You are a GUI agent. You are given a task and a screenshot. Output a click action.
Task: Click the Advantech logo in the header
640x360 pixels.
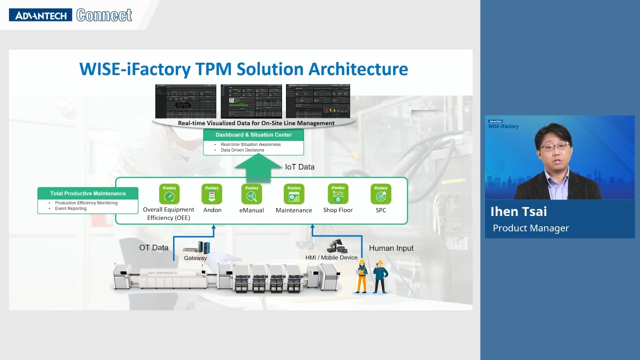coord(40,15)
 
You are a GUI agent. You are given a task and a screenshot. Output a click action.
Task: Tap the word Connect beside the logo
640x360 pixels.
coord(104,15)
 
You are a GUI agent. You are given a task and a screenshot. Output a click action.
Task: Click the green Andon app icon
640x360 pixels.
coord(211,194)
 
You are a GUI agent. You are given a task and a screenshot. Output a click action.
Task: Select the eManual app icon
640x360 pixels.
coord(251,194)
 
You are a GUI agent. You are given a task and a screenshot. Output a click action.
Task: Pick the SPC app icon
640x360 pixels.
coord(381,194)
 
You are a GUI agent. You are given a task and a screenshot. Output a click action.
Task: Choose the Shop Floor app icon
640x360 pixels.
coord(338,194)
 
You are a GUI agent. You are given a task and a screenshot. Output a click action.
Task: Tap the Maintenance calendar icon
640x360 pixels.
coord(294,194)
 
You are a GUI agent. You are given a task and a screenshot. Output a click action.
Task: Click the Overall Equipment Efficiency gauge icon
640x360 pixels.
coord(169,194)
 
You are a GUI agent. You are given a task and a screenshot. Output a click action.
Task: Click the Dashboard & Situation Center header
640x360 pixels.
coord(253,135)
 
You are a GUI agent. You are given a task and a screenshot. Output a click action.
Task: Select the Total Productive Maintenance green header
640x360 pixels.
coord(88,193)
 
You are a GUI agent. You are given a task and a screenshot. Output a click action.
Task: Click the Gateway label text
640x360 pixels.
coord(195,258)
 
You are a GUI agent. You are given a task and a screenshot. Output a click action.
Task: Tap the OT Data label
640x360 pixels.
coord(153,247)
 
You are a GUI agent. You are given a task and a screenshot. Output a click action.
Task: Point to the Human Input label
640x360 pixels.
coord(391,248)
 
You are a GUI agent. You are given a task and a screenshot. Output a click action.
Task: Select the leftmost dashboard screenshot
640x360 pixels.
coord(185,101)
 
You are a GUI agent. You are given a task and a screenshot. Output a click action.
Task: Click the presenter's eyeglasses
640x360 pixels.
coord(554,146)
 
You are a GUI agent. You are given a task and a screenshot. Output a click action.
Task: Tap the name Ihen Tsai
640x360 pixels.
coord(518,211)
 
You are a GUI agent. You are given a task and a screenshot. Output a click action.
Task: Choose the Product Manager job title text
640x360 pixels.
coord(530,228)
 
